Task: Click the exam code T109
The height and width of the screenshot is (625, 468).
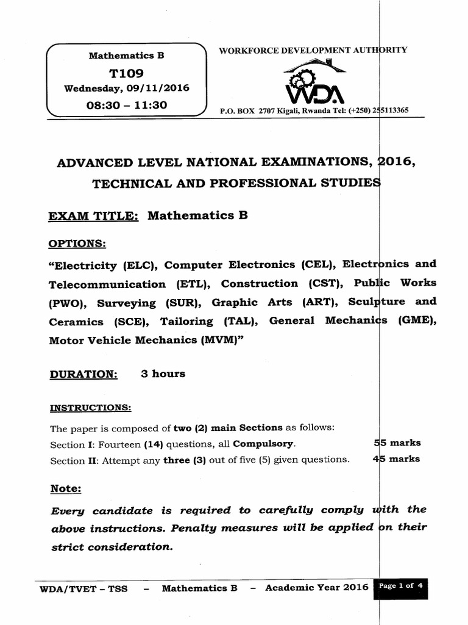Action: pos(126,73)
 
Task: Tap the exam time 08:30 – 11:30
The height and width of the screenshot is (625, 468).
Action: pos(127,104)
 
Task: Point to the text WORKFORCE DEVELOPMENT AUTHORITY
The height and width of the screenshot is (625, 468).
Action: pos(314,51)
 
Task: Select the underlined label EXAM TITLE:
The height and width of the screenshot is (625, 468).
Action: pos(94,215)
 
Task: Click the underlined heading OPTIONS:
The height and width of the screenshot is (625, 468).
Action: pos(77,244)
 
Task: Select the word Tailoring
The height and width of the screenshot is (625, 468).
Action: pos(186,321)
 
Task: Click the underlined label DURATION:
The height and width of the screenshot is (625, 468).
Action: pos(83,374)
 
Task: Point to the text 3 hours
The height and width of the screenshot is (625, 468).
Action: pos(163,374)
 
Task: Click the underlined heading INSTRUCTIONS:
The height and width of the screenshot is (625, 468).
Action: pos(90,407)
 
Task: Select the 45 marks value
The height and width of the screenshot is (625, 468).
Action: pos(395,459)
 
